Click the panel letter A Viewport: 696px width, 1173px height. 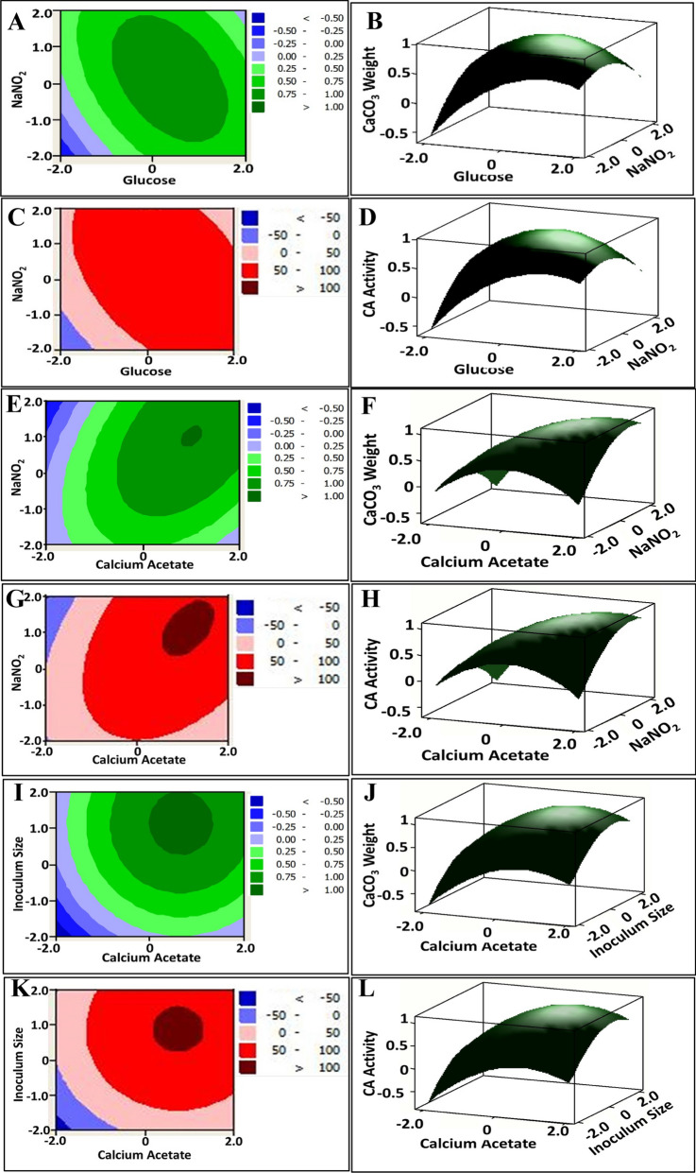(16, 23)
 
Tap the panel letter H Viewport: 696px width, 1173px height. (370, 599)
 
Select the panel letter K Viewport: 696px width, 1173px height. (19, 989)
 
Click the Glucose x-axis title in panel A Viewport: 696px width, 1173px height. (149, 181)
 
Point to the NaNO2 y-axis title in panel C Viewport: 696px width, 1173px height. (19, 284)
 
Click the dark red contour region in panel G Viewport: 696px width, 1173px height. (188, 628)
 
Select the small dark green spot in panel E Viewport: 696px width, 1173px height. (192, 436)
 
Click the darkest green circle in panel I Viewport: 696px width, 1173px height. (181, 821)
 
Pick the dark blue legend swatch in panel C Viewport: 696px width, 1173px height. (250, 217)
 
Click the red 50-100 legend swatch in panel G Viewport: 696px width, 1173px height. (246, 661)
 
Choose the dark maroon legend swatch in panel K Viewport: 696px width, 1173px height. (247, 1067)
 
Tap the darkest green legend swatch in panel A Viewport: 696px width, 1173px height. (258, 107)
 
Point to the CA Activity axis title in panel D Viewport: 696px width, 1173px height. (370, 284)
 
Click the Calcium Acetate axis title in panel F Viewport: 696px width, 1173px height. (484, 561)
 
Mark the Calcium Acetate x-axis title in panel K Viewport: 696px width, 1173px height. (144, 1155)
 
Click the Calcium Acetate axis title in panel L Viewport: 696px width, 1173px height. (478, 1143)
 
